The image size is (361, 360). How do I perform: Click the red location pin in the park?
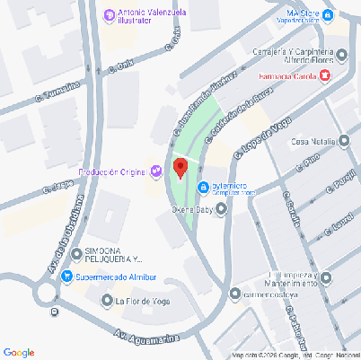point(180,168)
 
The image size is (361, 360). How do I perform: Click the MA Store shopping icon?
point(329,14)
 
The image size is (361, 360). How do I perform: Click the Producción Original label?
point(114,171)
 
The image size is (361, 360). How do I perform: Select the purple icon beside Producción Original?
point(156,171)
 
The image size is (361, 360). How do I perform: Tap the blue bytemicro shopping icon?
point(204,187)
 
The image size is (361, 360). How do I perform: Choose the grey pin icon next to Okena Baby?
point(222,210)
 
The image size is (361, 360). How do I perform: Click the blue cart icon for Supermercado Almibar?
point(66,277)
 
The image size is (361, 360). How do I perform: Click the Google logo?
point(19,351)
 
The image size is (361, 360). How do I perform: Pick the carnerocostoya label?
point(269,294)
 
